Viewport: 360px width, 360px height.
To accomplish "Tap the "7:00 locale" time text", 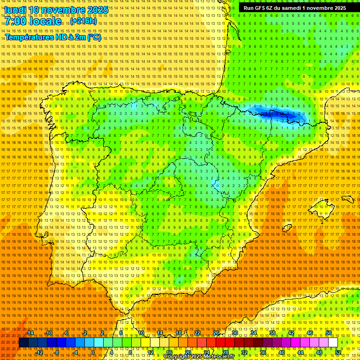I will [33, 21].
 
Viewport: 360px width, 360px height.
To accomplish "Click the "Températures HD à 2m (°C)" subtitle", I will [53, 37].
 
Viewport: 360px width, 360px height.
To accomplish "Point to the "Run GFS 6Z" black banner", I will [295, 8].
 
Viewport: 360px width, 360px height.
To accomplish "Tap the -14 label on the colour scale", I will [30, 333].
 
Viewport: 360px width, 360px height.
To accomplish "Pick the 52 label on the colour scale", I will [337, 352].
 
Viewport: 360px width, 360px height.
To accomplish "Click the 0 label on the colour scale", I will [93, 352].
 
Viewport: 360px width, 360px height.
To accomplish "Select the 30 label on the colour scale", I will [234, 333].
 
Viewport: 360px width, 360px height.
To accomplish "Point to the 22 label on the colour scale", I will [197, 333].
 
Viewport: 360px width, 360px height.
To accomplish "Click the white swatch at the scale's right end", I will [333, 343].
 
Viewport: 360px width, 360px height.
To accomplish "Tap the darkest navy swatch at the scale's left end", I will [23, 343].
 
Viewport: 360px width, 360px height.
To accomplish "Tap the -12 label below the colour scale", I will [40, 352].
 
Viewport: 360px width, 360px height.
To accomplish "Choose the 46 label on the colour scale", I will [310, 333].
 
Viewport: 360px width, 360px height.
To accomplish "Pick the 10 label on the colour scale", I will [141, 333].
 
